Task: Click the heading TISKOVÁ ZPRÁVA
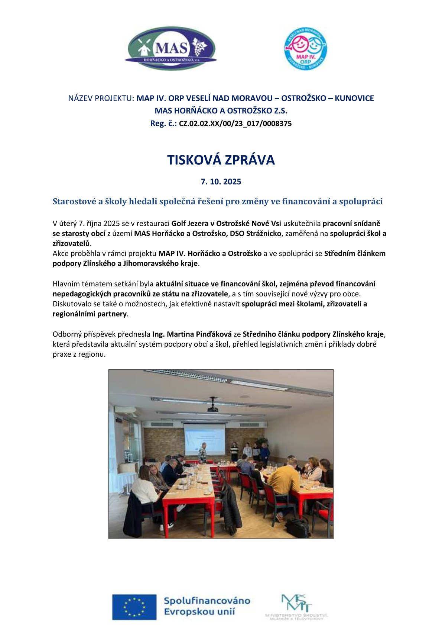[x=221, y=160]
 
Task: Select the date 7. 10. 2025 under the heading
[x=221, y=182]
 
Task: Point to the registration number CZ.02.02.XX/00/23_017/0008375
[x=235, y=124]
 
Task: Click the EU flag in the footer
[x=134, y=607]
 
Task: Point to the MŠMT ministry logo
[x=296, y=606]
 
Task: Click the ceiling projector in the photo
[x=212, y=408]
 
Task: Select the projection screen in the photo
[x=205, y=439]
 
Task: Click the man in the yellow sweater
[x=284, y=480]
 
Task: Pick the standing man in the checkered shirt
[x=202, y=453]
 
